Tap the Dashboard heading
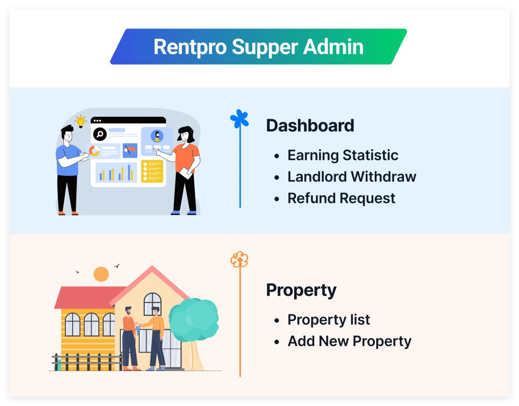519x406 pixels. click(310, 126)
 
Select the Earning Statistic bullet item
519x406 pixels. click(342, 155)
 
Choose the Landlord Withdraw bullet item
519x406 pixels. click(351, 177)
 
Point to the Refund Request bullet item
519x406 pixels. click(341, 198)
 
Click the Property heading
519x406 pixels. click(301, 290)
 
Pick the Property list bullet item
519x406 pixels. click(328, 320)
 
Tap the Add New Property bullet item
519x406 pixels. click(349, 342)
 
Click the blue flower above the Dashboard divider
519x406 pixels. click(239, 119)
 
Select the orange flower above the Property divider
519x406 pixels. click(239, 259)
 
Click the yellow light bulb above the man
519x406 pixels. click(81, 121)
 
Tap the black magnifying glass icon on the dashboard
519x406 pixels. click(100, 134)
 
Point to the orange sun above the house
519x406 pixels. click(101, 274)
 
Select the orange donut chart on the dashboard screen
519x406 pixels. click(95, 151)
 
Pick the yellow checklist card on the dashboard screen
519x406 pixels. click(152, 171)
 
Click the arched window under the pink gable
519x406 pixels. click(153, 304)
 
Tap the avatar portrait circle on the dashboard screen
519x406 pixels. click(157, 136)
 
